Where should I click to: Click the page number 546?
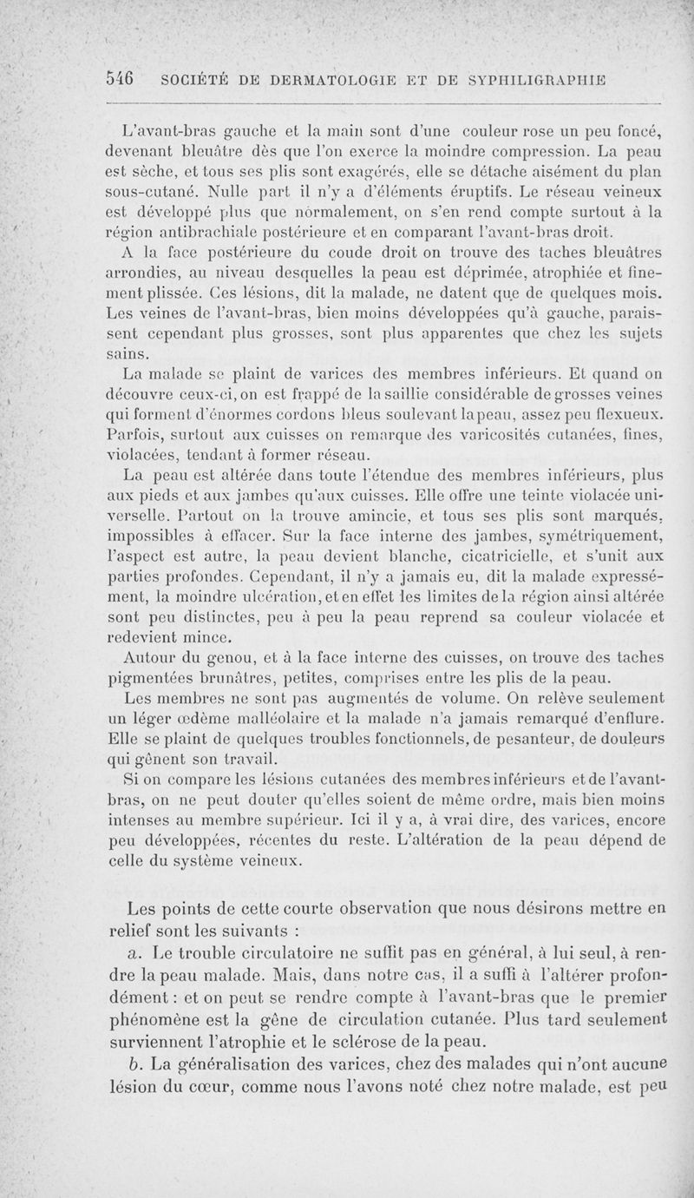pos(119,79)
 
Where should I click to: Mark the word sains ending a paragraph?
pos(127,354)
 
